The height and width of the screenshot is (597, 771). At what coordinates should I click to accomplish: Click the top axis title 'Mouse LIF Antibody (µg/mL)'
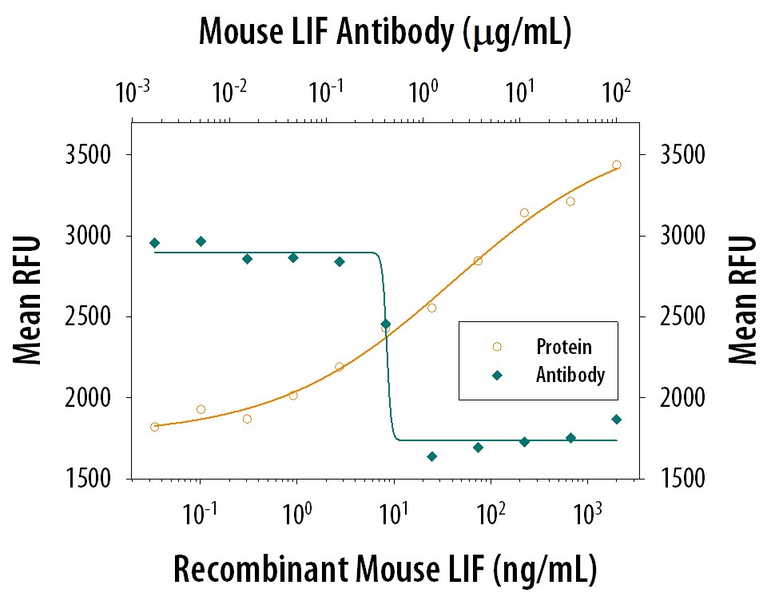[384, 32]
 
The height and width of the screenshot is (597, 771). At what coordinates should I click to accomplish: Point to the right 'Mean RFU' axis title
[743, 300]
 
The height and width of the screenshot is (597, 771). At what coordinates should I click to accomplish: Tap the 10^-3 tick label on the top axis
[133, 93]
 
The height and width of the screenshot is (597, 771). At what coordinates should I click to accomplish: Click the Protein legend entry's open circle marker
[497, 347]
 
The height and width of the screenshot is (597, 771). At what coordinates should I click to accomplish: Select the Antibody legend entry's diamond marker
[497, 374]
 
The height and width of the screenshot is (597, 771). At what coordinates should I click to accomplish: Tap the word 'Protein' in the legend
[564, 347]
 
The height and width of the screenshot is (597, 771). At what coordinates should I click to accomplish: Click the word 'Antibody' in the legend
[570, 374]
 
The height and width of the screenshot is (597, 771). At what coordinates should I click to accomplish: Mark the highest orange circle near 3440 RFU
[616, 165]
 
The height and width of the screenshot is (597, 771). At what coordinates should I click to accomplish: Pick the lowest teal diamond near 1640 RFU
[431, 456]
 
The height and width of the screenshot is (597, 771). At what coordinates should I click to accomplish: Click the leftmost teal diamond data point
[155, 243]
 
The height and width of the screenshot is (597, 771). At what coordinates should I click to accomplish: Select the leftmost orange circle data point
[155, 427]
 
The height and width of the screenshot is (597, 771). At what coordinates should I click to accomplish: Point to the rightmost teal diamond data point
[616, 419]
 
